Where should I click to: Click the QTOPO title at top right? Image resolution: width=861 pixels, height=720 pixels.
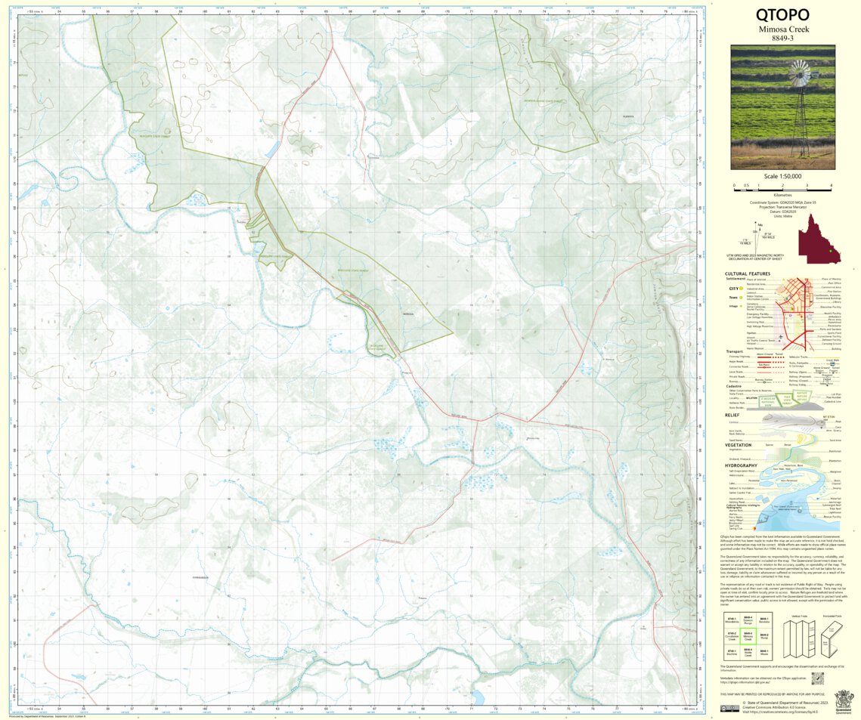pyautogui.click(x=782, y=14)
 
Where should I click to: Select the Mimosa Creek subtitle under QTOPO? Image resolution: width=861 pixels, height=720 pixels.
pyautogui.click(x=782, y=29)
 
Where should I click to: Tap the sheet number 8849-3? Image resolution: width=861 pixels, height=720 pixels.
pyautogui.click(x=782, y=38)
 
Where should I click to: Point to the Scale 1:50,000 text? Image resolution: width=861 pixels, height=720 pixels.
pyautogui.click(x=782, y=176)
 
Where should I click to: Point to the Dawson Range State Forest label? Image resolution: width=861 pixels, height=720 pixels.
pyautogui.click(x=547, y=100)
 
